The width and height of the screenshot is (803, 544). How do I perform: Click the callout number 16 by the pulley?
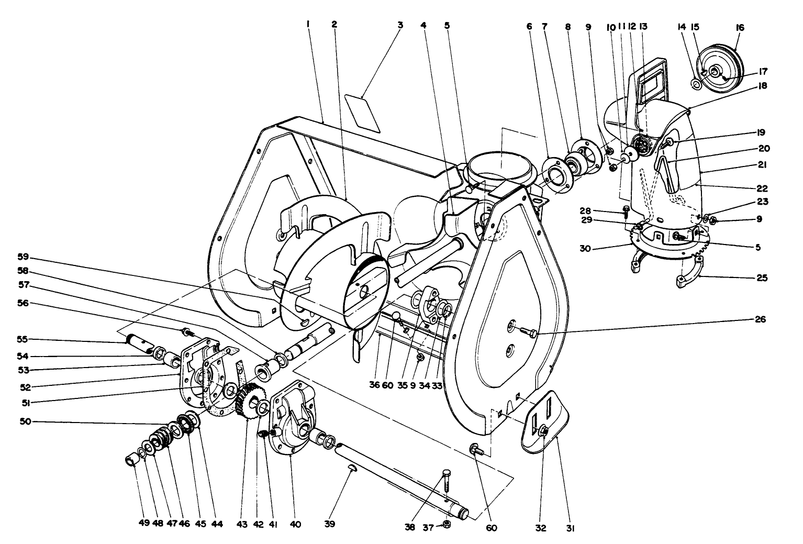click(x=740, y=27)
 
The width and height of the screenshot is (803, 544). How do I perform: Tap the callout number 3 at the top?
click(x=400, y=25)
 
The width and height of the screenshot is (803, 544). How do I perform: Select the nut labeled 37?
click(x=447, y=524)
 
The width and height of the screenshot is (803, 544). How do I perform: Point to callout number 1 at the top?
click(x=309, y=25)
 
